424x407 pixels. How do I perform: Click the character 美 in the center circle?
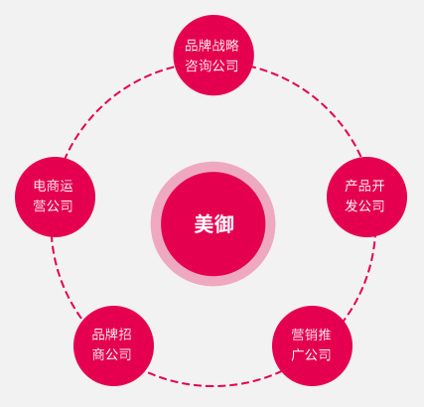(x=204, y=224)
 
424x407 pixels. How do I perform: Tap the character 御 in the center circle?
(x=224, y=224)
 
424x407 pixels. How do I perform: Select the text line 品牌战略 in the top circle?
(x=212, y=46)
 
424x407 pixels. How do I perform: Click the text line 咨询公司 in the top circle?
(x=212, y=66)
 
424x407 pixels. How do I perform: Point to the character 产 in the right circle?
(x=352, y=186)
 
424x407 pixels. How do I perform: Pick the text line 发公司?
(x=364, y=205)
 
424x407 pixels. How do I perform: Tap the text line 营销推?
(x=311, y=335)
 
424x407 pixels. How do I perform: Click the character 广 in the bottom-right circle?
(x=298, y=354)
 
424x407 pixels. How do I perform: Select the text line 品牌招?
(x=112, y=335)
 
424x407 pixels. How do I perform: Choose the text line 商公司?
(x=112, y=354)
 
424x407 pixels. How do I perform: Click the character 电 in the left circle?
(x=40, y=186)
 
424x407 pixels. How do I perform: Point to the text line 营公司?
(x=53, y=205)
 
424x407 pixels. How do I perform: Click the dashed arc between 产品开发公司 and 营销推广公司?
(x=365, y=281)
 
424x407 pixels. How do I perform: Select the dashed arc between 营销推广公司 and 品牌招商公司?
(x=213, y=386)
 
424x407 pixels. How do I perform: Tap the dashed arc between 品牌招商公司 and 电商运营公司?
(x=62, y=281)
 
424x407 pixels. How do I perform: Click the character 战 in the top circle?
(x=218, y=46)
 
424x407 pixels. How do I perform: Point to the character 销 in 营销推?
(x=311, y=335)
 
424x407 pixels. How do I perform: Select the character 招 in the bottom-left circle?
(x=125, y=335)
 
